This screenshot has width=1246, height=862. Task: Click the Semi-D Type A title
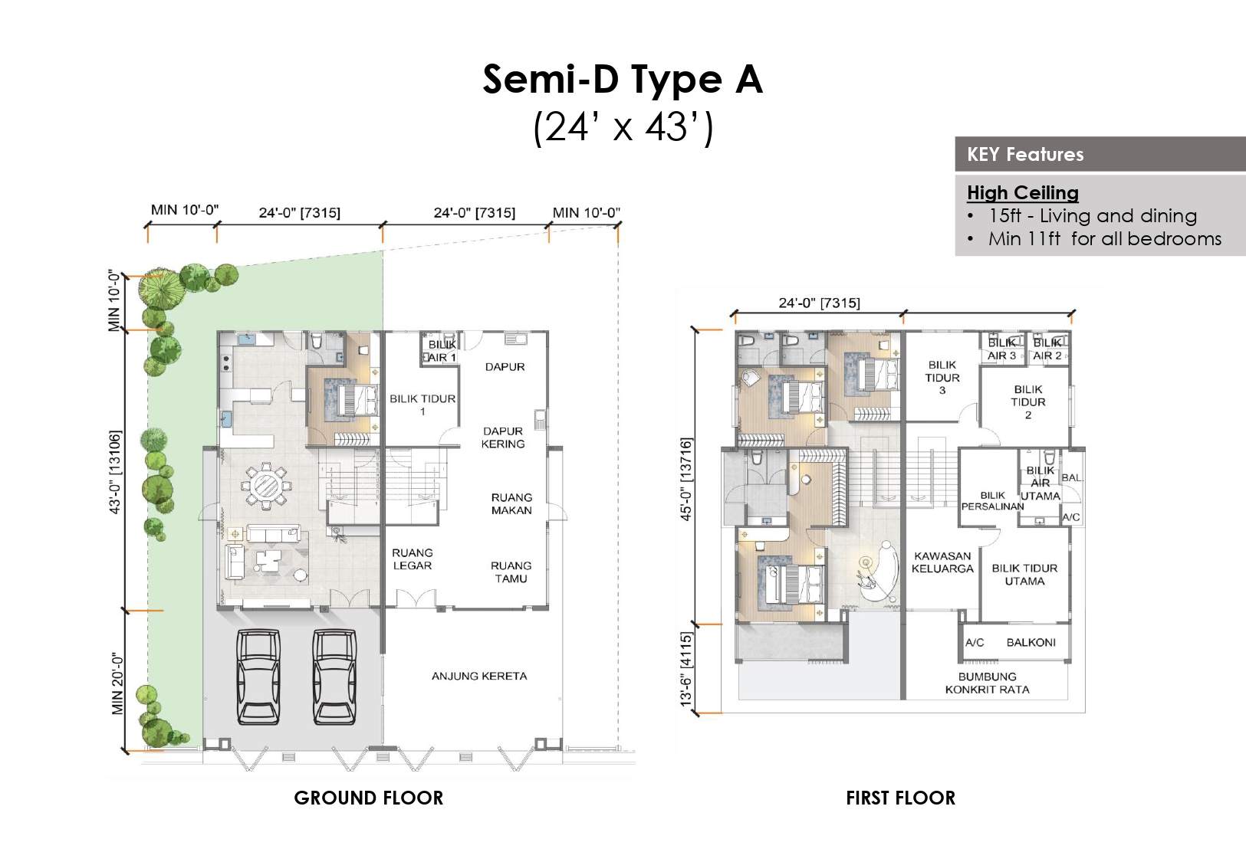[623, 79]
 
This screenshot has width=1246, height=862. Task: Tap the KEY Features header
[1025, 154]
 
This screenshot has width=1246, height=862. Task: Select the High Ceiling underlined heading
[1022, 192]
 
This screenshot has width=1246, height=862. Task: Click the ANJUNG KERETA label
[479, 676]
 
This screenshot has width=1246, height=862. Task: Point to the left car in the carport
[258, 677]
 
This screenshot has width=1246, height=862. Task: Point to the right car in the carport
[334, 677]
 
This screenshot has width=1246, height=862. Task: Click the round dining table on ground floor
[266, 489]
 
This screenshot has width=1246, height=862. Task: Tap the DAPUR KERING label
[503, 438]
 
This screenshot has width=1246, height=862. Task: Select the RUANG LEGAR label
[413, 559]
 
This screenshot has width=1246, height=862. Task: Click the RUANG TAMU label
[511, 572]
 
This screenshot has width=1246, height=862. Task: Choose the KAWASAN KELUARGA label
[942, 562]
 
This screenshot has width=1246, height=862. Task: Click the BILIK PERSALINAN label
[992, 501]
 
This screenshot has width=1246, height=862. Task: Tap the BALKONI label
[1031, 642]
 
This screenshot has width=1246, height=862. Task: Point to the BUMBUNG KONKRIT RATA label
[988, 683]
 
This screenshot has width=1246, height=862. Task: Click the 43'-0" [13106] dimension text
[115, 472]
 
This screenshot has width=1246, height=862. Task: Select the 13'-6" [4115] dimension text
[685, 669]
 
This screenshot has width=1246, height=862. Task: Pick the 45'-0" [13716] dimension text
[685, 479]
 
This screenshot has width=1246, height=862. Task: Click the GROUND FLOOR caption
[369, 798]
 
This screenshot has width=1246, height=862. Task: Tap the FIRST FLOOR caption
[900, 798]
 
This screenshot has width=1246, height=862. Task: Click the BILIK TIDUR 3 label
[942, 378]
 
